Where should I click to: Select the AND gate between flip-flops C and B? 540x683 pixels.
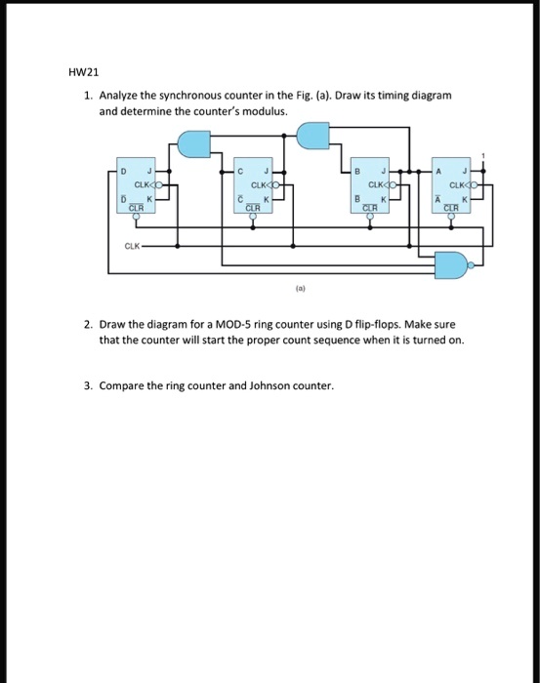(312, 136)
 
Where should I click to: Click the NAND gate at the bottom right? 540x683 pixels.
(451, 262)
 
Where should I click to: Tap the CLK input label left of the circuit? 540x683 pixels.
(132, 246)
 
